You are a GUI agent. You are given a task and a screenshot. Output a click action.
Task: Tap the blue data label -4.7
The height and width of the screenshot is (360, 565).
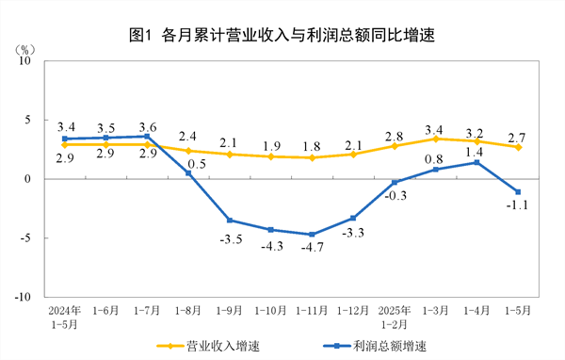click(313, 248)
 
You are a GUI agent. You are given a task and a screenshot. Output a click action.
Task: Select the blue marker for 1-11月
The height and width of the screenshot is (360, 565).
click(312, 235)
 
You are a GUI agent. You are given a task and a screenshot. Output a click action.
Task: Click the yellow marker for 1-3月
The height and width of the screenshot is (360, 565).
click(436, 139)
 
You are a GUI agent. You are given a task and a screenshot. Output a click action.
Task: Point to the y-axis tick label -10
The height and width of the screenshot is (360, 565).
click(23, 297)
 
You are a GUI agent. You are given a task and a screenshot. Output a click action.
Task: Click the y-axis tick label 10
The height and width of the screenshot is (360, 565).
click(25, 61)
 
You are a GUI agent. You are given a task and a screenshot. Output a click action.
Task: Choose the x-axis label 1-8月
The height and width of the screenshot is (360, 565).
click(187, 309)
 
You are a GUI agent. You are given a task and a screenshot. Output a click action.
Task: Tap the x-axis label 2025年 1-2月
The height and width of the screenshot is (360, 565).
click(394, 315)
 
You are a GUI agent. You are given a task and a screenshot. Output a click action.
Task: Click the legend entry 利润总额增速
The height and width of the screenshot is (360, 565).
click(377, 345)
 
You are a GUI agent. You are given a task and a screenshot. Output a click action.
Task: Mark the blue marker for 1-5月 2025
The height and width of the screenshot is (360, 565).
click(518, 192)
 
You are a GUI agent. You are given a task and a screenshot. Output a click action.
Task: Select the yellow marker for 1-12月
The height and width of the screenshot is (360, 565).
click(353, 154)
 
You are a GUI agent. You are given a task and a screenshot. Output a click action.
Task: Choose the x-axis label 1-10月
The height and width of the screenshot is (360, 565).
click(270, 309)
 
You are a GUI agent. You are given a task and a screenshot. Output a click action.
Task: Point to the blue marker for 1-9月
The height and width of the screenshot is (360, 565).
click(229, 221)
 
